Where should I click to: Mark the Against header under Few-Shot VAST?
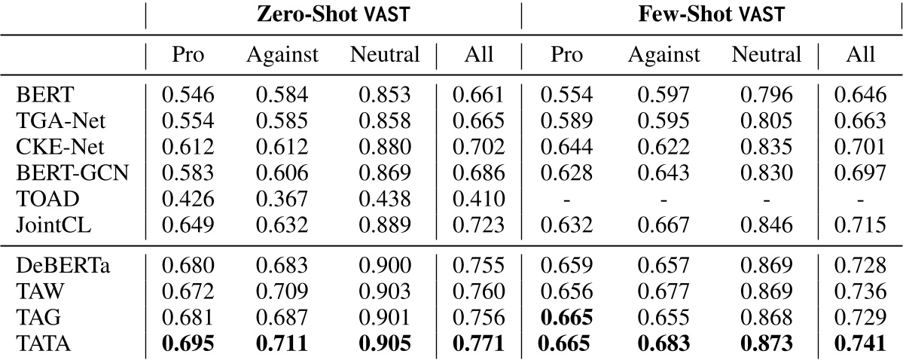[664, 55]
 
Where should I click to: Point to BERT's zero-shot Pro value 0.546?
[188, 95]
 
